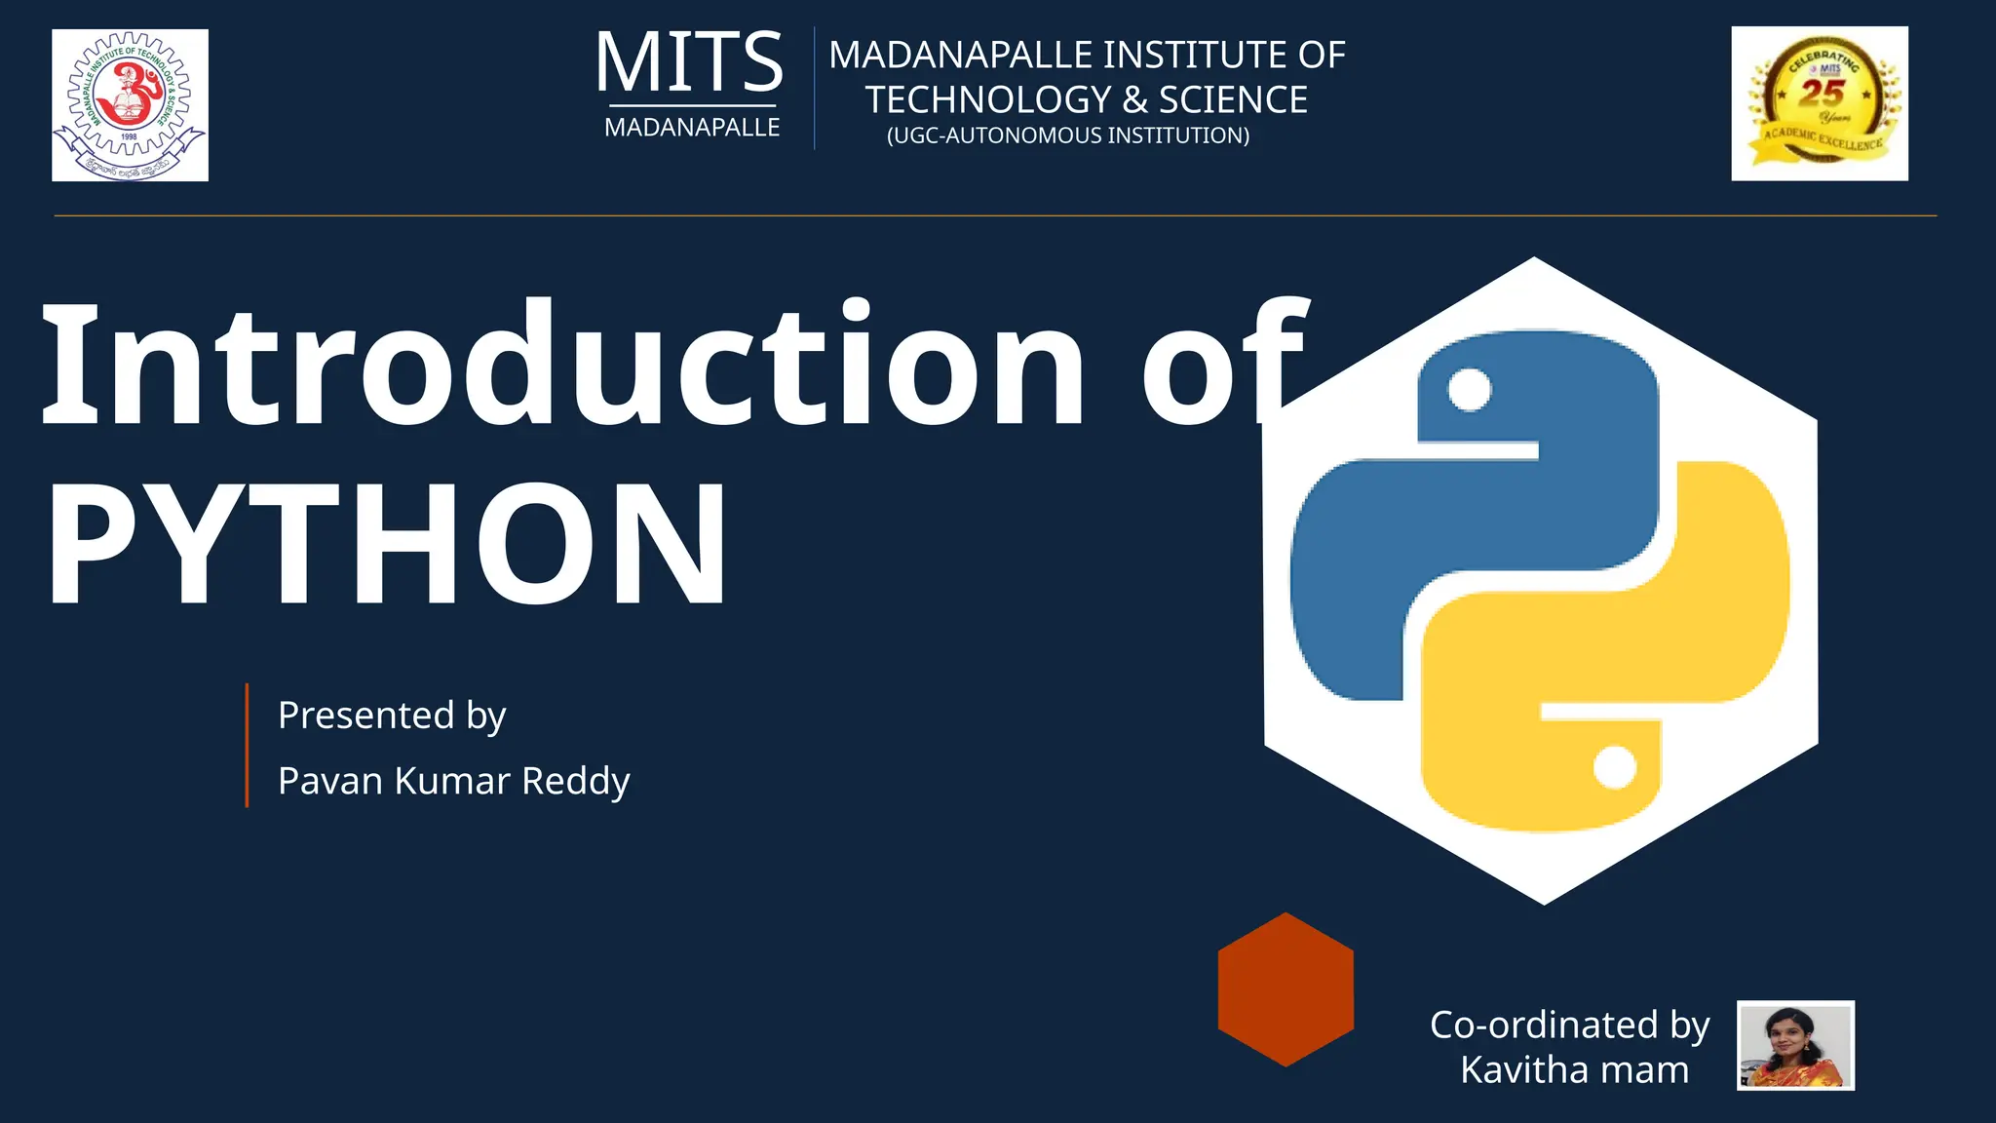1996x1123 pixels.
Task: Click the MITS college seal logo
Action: [x=130, y=104]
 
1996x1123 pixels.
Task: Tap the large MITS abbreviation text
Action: [x=689, y=63]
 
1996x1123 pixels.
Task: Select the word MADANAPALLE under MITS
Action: [x=692, y=128]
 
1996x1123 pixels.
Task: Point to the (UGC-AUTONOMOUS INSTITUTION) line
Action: [x=1067, y=136]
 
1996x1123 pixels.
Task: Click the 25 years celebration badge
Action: [x=1819, y=103]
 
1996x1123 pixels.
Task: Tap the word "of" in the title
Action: [x=1224, y=365]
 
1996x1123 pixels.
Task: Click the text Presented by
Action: [x=392, y=716]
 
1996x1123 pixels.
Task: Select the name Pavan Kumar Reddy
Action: [x=453, y=781]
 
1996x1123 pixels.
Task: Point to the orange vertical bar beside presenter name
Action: [x=248, y=746]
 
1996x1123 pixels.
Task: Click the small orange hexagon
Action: [x=1286, y=989]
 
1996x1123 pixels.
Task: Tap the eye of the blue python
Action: [x=1469, y=390]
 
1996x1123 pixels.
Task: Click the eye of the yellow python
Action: [x=1614, y=767]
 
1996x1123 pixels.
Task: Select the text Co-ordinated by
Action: [x=1569, y=1026]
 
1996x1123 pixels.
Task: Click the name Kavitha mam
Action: [x=1574, y=1070]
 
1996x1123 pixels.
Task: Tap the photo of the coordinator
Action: [x=1795, y=1045]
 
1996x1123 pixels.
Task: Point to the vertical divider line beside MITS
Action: [x=814, y=88]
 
